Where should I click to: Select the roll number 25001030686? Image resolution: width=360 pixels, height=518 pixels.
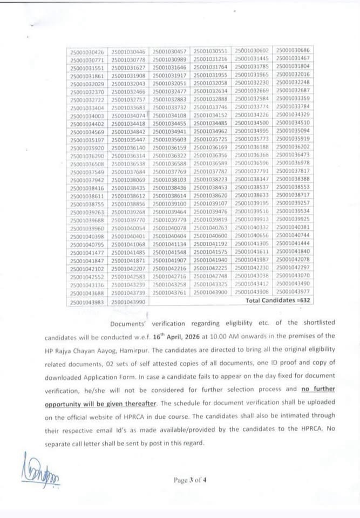tap(293, 50)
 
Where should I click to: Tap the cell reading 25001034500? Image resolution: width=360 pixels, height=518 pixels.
tap(252, 123)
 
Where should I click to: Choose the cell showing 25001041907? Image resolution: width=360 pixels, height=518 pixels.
tap(170, 261)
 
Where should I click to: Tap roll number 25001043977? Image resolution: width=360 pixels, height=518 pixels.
tap(293, 292)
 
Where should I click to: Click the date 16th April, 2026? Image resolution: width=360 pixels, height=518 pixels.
tap(179, 336)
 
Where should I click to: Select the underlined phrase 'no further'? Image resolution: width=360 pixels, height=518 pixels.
tap(323, 388)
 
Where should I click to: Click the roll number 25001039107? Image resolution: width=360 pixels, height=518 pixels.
tap(211, 204)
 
